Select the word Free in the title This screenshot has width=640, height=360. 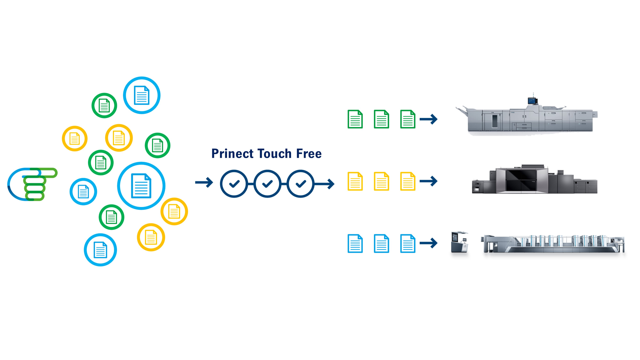[309, 154]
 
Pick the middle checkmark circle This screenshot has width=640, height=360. [267, 184]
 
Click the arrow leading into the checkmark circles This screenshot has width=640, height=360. [204, 182]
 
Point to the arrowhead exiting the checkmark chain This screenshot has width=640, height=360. [331, 184]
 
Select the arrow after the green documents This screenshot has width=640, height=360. [428, 119]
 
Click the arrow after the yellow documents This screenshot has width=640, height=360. [428, 181]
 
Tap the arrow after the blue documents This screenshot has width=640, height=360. [428, 243]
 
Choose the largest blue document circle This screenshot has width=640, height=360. [141, 186]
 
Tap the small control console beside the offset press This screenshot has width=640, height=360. [459, 243]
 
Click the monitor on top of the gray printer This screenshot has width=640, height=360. [532, 100]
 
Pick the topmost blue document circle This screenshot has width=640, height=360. [142, 95]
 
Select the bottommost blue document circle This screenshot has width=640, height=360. [100, 250]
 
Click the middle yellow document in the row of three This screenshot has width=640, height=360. [381, 181]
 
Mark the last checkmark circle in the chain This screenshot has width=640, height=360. [301, 184]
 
